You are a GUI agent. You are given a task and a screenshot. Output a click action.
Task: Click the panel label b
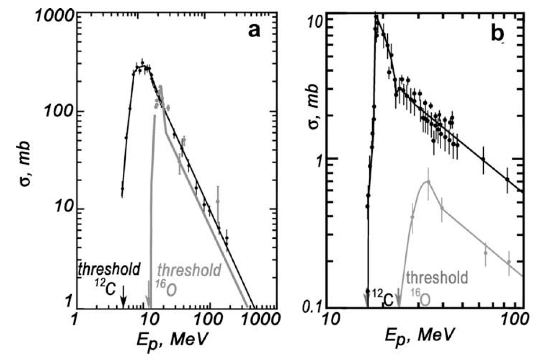498,35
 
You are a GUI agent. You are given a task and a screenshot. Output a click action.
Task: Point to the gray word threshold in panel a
189,270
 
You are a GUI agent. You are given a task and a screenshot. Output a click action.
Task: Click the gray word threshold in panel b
437,278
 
